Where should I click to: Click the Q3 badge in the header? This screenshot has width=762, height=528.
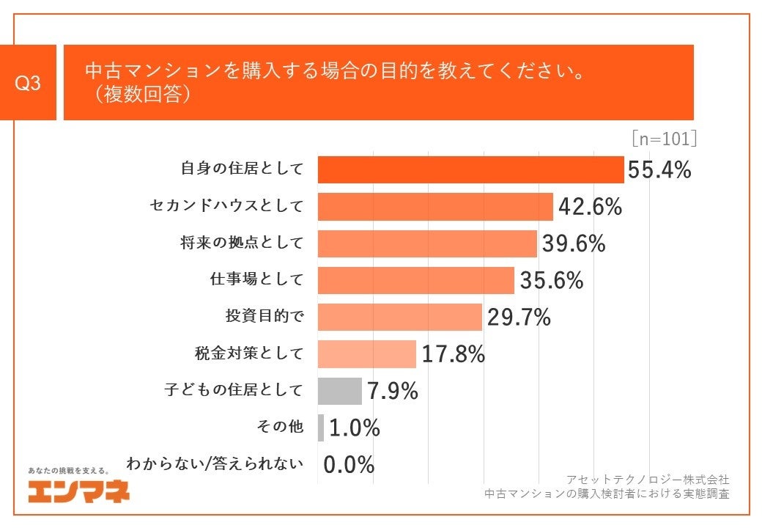pos(28,84)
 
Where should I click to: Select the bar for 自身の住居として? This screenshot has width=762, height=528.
pos(470,170)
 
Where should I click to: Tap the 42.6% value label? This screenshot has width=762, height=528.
pos(590,208)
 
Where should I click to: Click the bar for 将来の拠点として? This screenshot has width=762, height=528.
pos(427,244)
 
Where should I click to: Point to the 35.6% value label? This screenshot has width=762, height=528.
pos(551,281)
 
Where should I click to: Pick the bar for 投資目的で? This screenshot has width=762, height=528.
pos(399,318)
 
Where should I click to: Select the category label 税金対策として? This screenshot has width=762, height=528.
pos(243,353)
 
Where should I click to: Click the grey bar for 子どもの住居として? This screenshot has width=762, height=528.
pos(339,391)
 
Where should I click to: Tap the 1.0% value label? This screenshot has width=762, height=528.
pos(355,428)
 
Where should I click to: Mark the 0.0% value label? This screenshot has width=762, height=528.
pos(349,465)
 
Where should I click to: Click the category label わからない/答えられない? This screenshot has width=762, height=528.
pos(214,464)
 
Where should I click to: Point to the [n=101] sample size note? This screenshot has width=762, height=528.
pos(662,139)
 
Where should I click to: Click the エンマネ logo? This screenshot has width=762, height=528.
pos(78,491)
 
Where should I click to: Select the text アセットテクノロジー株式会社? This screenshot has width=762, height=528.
pos(648,479)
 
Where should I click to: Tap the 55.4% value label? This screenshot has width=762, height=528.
pos(659,170)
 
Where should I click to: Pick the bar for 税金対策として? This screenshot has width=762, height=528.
pos(366,354)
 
